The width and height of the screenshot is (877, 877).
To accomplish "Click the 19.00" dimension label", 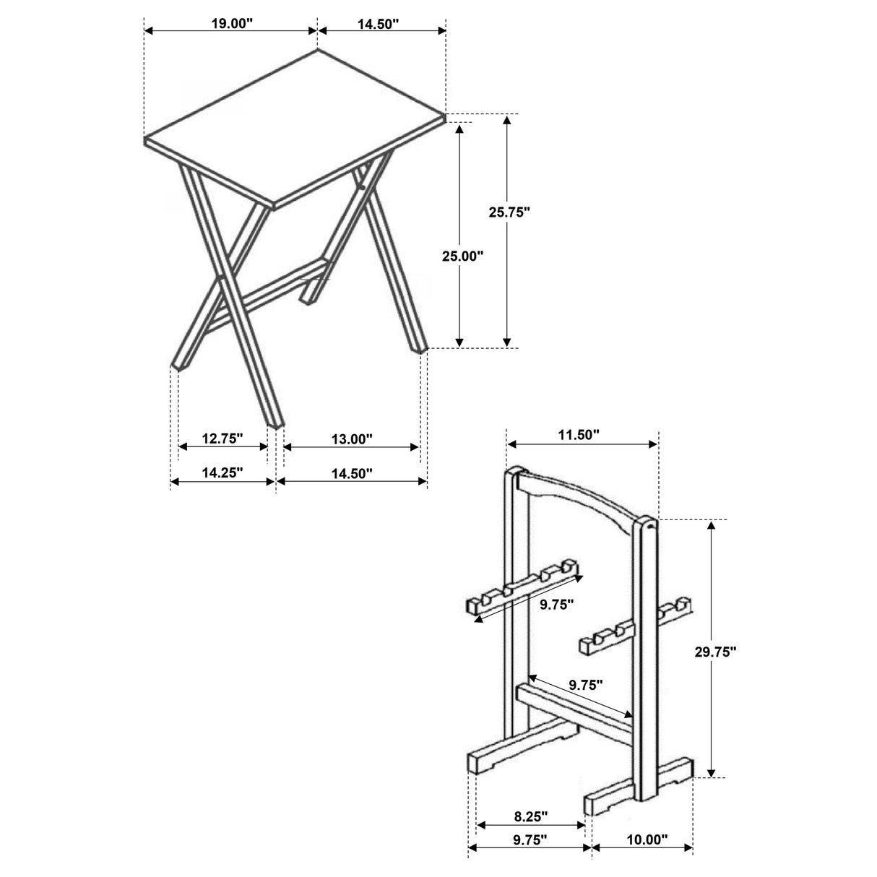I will pos(231,22).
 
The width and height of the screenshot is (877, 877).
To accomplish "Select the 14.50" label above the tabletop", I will pos(378,23).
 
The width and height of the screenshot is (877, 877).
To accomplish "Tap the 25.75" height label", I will pos(509,212).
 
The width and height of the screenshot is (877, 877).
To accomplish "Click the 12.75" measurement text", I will pos(223,438).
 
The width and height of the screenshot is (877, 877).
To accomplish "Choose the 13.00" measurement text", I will pos(351,438).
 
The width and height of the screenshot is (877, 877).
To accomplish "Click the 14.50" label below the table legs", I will pos(351,472).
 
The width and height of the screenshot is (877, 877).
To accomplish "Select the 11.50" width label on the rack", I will pos(579,434).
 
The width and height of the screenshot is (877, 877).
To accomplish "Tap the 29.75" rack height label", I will pos(712,651).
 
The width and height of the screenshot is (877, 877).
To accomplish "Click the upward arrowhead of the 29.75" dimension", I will pos(712,525).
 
